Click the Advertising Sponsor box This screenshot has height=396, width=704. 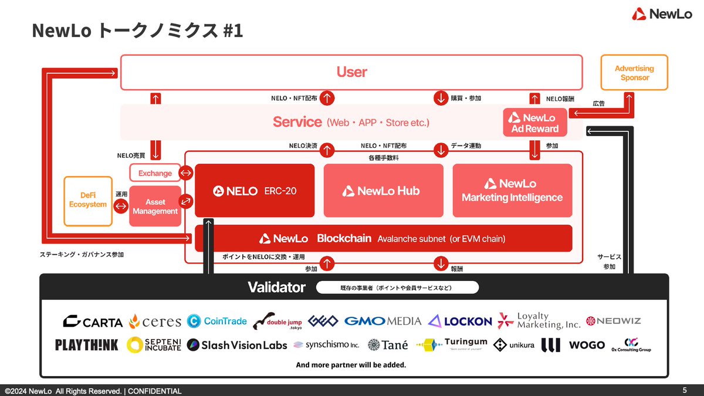point(635,73)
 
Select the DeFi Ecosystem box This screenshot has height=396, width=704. point(87,201)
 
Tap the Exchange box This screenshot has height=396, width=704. point(155,173)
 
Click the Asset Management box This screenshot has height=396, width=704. point(155,207)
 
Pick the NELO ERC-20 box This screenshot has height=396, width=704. point(255,191)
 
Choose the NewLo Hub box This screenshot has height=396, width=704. point(383,191)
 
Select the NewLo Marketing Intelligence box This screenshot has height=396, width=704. point(512,191)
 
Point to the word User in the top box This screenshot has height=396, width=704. point(351,72)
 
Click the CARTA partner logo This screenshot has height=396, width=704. point(93,321)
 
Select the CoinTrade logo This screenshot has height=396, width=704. point(217,321)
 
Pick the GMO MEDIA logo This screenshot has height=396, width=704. point(383,321)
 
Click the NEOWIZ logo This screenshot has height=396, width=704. point(614,321)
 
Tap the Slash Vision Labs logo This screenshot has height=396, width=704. point(237,345)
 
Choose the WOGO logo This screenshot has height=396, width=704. point(587,345)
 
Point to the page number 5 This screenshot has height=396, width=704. point(685,390)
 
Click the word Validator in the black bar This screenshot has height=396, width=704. point(276,287)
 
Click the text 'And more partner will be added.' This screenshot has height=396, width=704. point(351,365)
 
